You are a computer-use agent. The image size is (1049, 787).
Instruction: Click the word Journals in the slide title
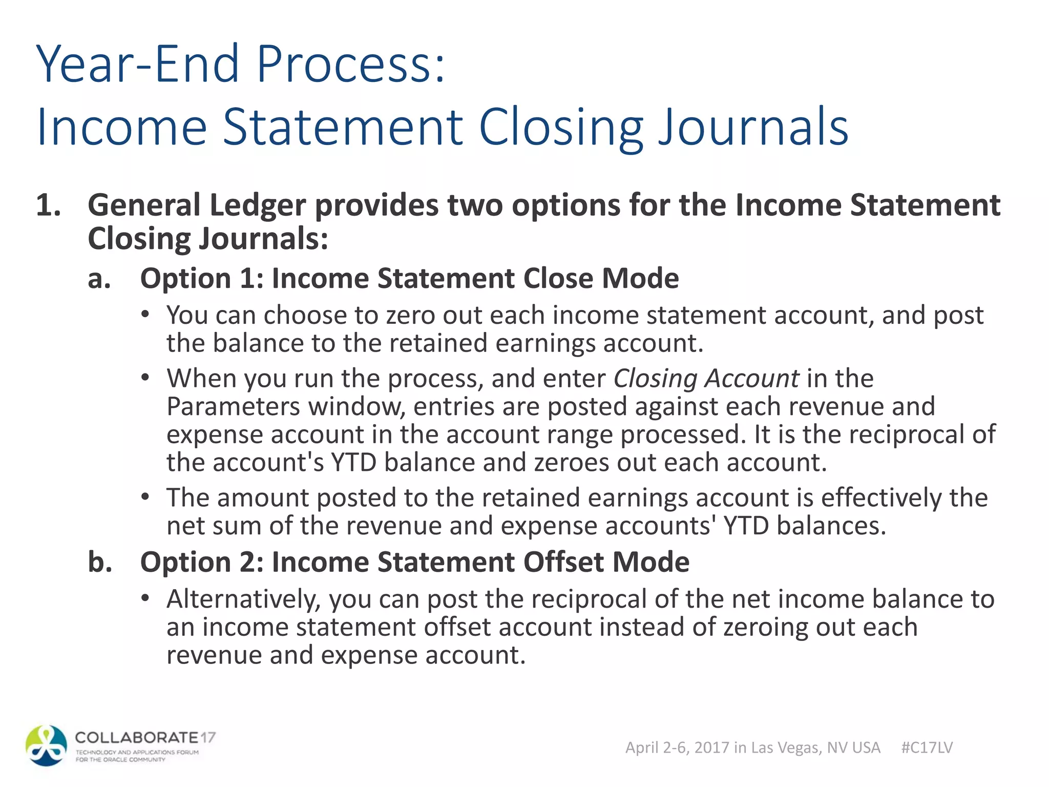pos(753,127)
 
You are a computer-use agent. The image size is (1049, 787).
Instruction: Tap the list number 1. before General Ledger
pos(49,205)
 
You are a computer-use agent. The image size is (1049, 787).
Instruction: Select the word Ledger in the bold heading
pos(258,205)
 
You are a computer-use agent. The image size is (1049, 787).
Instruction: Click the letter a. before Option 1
pos(99,279)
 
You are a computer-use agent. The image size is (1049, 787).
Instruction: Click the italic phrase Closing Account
pos(706,379)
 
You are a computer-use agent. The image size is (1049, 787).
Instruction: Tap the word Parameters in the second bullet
pos(233,407)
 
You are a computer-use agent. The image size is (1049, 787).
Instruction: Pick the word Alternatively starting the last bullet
pos(243,599)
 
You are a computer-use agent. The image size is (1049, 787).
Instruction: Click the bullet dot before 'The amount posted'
pos(146,497)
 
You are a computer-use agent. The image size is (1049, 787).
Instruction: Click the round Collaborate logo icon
pos(46,745)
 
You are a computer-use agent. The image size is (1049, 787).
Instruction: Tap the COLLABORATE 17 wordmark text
pos(145,738)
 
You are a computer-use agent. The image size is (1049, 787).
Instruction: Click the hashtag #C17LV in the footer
pos(927,748)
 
